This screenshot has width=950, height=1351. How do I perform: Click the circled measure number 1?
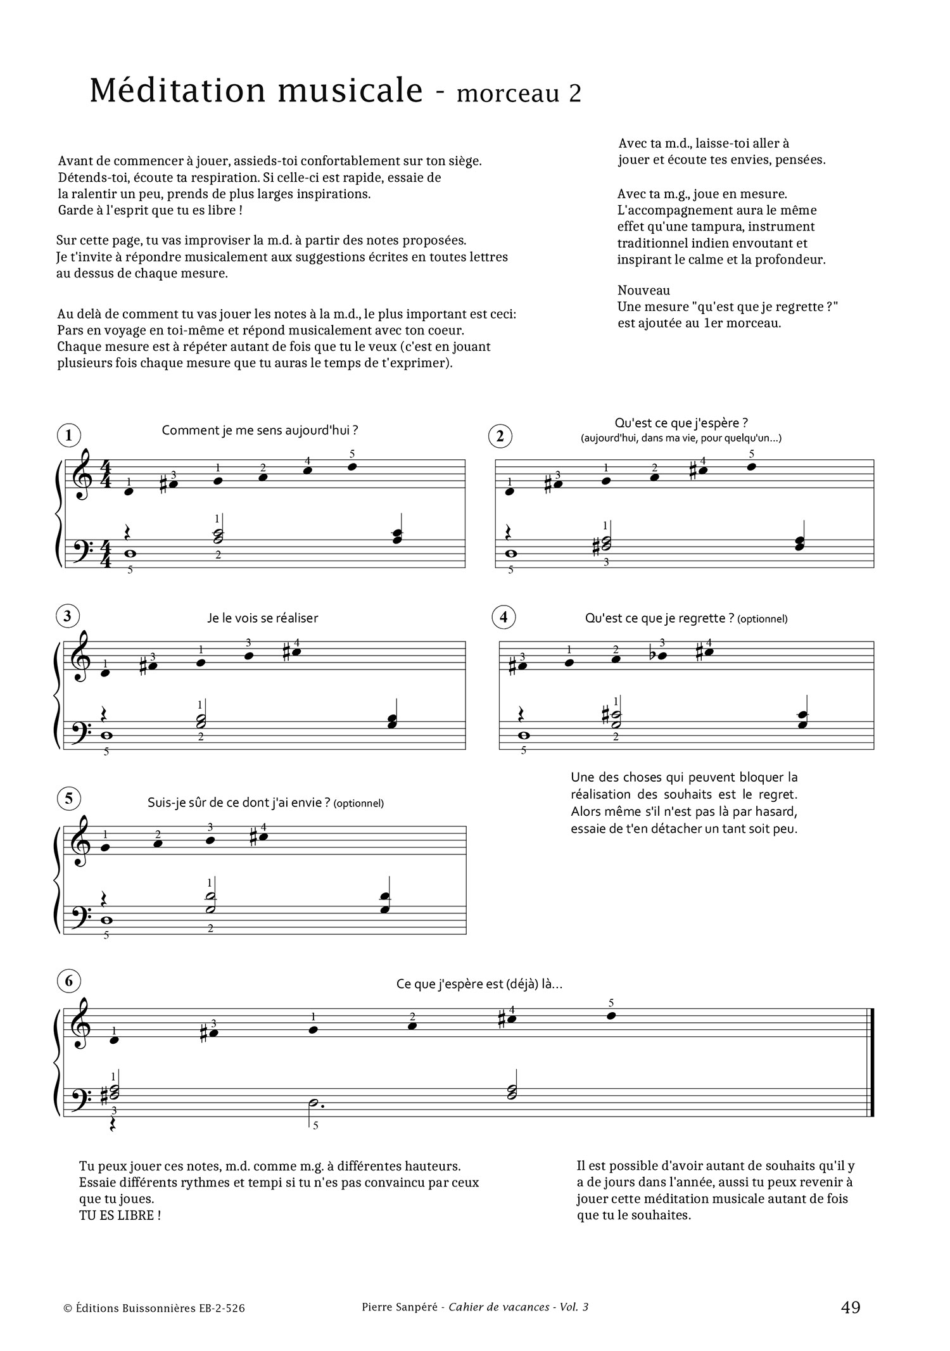tap(68, 435)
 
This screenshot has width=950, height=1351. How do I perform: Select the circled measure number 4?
tap(503, 616)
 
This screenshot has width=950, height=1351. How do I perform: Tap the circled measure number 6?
tap(68, 981)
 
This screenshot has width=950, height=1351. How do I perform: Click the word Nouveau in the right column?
tap(643, 290)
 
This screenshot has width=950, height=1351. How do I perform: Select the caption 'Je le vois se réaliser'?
tap(262, 618)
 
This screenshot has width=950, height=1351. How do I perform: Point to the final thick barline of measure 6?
tap(872, 1069)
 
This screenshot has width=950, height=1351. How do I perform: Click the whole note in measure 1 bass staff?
tap(130, 553)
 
